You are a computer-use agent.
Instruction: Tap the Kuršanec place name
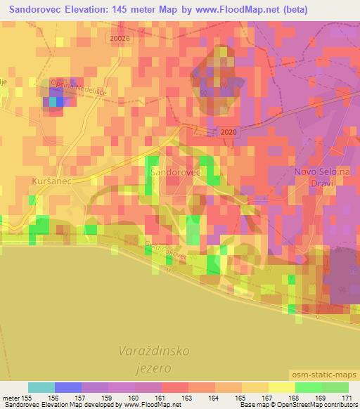[x=50, y=181]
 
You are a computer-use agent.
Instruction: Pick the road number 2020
[x=229, y=131]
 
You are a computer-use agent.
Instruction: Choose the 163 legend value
[x=188, y=397]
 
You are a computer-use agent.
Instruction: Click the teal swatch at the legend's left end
[x=41, y=387]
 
